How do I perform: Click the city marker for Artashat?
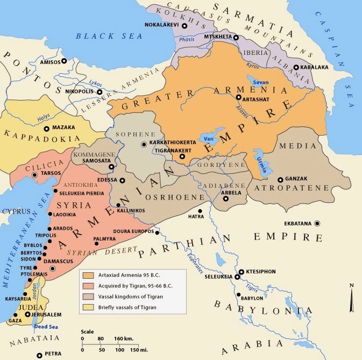pos(238,98)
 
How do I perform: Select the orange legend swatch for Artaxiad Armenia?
pos(87,274)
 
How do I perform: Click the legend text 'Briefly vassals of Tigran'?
pos(128,307)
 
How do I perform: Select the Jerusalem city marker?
pos(28,314)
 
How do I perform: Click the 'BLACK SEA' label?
pos(109,36)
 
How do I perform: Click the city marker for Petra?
pos(39,355)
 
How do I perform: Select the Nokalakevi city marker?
pos(184,25)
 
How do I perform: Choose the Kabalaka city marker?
pos(296,67)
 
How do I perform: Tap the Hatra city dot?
pos(200,211)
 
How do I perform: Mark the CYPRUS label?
pos(15,211)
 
